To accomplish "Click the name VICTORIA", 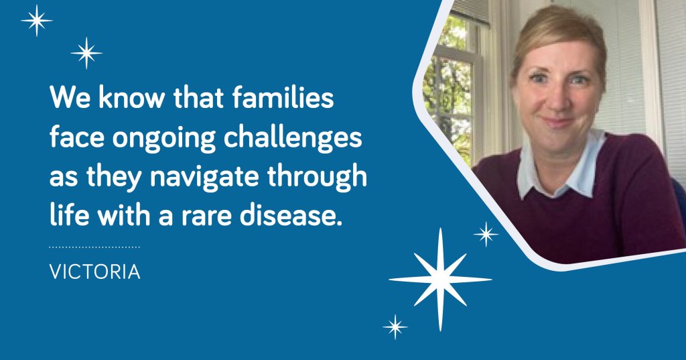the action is pos(95,272).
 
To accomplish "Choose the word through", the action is pos(317,176).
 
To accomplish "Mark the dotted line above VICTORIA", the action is pos(94,247).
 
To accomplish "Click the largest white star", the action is pos(440,279).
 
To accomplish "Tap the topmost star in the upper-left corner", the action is pos(37,20).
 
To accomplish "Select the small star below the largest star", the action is pos(395,326).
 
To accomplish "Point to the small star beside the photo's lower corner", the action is pos(486,235).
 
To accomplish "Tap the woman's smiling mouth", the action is pos(557,121).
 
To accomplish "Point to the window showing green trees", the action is pos(452,88).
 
